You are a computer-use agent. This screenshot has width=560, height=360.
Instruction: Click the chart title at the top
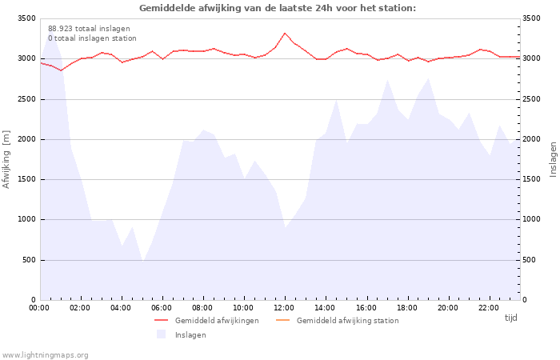(x=278, y=8)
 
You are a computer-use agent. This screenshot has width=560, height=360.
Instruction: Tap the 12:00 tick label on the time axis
(x=285, y=307)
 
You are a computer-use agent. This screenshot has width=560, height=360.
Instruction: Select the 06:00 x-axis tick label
(x=162, y=307)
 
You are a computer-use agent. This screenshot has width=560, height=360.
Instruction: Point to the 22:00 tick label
(x=489, y=307)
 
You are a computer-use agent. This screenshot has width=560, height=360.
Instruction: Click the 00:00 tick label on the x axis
(x=40, y=307)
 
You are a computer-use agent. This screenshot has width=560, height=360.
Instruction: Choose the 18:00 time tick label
(x=407, y=307)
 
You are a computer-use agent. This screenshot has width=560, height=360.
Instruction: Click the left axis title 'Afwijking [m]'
(x=7, y=160)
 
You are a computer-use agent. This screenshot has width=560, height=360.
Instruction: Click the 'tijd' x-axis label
(x=510, y=318)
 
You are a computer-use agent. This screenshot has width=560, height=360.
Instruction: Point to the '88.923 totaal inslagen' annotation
(x=89, y=28)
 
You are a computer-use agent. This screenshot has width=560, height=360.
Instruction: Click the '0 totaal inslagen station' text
(x=92, y=38)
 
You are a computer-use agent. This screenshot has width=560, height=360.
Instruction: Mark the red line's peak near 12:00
(x=285, y=34)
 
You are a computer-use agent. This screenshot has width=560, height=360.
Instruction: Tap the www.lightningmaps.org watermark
(x=46, y=354)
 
